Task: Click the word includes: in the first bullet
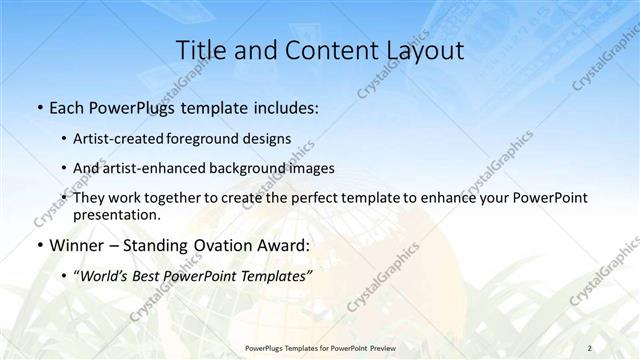tap(286, 108)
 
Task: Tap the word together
tap(188, 198)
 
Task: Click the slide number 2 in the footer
tap(590, 348)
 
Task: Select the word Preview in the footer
tap(381, 348)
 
